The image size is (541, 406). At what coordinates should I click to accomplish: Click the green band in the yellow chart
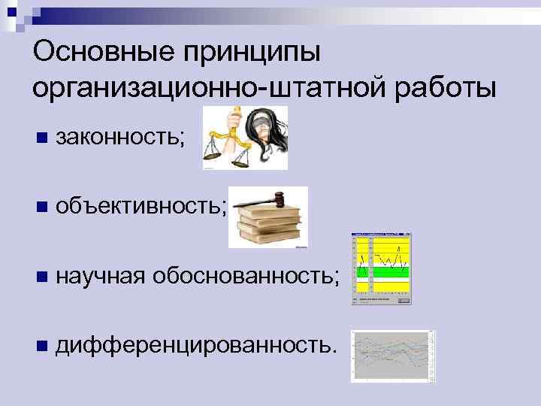[x=383, y=273]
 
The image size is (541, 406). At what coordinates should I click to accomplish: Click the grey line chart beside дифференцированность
[x=393, y=356]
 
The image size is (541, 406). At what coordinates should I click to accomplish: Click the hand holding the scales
[x=236, y=117]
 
